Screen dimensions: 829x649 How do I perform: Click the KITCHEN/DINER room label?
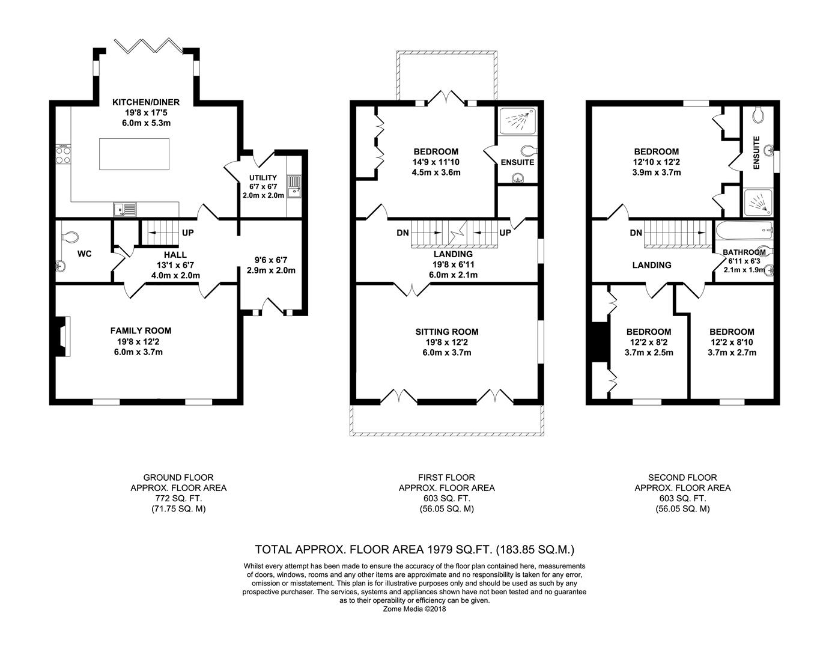146,102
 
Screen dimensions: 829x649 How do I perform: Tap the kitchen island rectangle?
135,154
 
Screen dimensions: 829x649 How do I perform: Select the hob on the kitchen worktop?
63,154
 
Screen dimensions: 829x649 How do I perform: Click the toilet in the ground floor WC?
70,237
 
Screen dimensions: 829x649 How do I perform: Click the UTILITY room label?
263,178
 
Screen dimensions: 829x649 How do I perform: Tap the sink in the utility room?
294,187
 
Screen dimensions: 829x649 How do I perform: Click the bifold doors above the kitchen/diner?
149,46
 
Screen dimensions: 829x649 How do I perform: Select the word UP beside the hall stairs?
187,233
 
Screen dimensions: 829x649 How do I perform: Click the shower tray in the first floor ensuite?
517,121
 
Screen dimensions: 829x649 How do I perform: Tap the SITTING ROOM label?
447,332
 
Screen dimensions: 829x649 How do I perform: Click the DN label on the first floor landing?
402,233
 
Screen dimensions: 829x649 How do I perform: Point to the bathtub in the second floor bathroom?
744,230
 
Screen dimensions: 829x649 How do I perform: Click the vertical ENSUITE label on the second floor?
756,153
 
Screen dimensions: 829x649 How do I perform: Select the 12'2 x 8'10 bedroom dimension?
732,343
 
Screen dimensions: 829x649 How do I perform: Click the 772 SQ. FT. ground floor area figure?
178,498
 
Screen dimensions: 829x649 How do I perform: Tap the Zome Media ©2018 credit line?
415,609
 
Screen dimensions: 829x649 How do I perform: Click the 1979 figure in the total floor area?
440,549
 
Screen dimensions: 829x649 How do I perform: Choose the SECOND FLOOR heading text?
682,477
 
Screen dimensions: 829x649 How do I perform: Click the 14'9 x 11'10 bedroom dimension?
436,162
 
